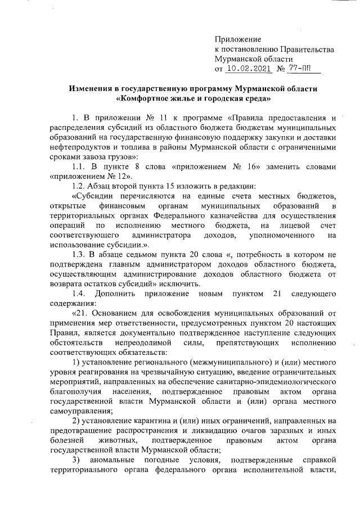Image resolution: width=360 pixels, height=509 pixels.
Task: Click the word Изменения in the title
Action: click(x=92, y=89)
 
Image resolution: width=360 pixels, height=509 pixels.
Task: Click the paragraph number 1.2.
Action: click(x=78, y=186)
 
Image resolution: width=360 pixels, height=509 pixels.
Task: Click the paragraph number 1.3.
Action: click(x=79, y=255)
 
